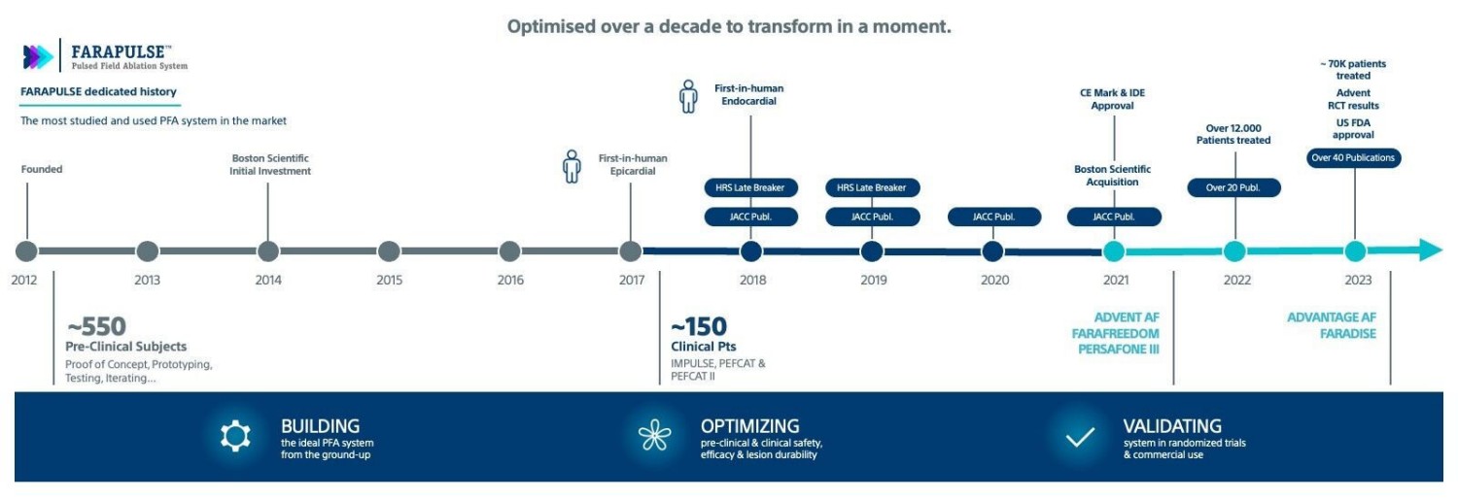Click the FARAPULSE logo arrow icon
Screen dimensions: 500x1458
[x=38, y=57]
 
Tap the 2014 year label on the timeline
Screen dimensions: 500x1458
[x=268, y=281]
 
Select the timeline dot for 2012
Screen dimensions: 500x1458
[x=26, y=251]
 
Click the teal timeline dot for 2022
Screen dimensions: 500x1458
[x=1234, y=251]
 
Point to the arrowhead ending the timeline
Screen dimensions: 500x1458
[x=1430, y=250]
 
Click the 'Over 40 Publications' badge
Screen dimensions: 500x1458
[x=1353, y=157]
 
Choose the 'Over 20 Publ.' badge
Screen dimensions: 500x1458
[x=1233, y=187]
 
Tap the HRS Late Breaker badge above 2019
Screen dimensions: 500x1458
[x=872, y=187]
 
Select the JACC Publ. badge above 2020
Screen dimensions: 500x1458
[x=993, y=217]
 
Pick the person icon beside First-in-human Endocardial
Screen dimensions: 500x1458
[x=688, y=96]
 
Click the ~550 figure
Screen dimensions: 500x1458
[x=96, y=326]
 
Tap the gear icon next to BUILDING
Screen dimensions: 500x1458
[x=235, y=437]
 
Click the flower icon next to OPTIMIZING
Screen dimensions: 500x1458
[x=654, y=437]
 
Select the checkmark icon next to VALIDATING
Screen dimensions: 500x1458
[x=1080, y=437]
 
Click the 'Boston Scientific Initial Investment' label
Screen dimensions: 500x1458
[x=270, y=164]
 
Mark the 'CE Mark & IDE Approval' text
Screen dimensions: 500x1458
[x=1113, y=99]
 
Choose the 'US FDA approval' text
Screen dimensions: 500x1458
[x=1353, y=128]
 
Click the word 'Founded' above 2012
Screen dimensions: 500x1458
[x=42, y=169]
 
